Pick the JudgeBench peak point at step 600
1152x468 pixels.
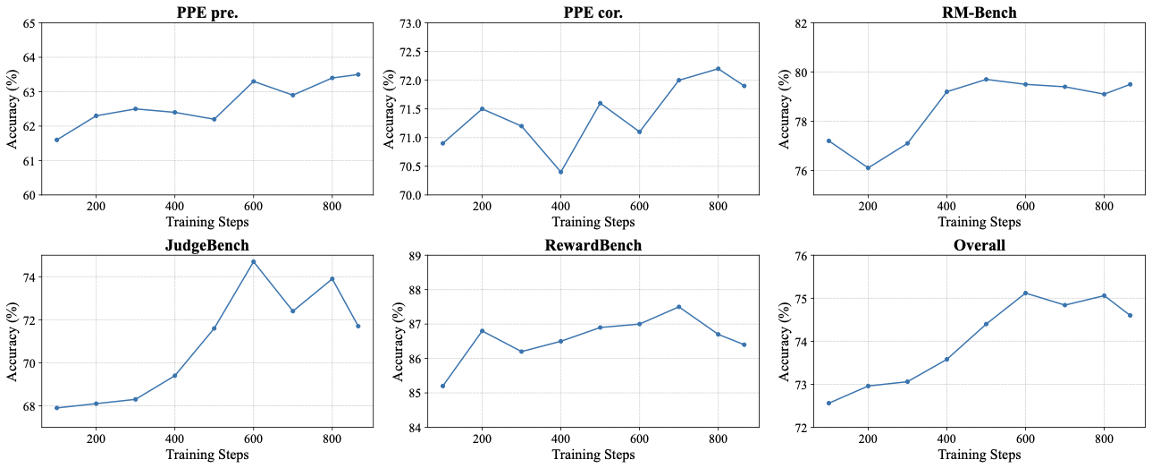253,261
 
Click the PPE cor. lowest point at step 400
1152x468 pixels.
560,172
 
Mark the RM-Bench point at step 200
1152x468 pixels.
868,168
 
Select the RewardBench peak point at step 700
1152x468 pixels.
678,307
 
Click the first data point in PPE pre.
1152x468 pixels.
56,140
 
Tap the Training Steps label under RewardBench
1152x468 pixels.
593,455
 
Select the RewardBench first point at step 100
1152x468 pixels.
442,386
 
